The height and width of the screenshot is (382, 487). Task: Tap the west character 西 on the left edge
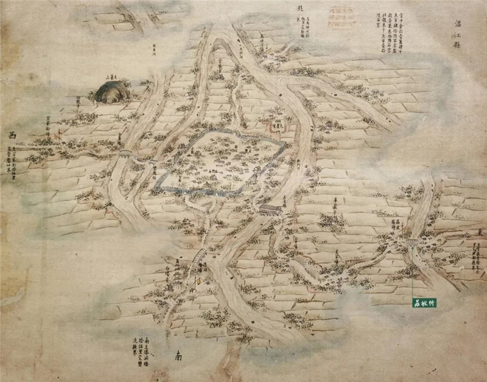(12, 135)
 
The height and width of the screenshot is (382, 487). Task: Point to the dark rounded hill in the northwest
(113, 92)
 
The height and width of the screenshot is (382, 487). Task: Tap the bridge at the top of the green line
(412, 243)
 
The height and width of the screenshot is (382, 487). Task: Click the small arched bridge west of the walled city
(124, 152)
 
